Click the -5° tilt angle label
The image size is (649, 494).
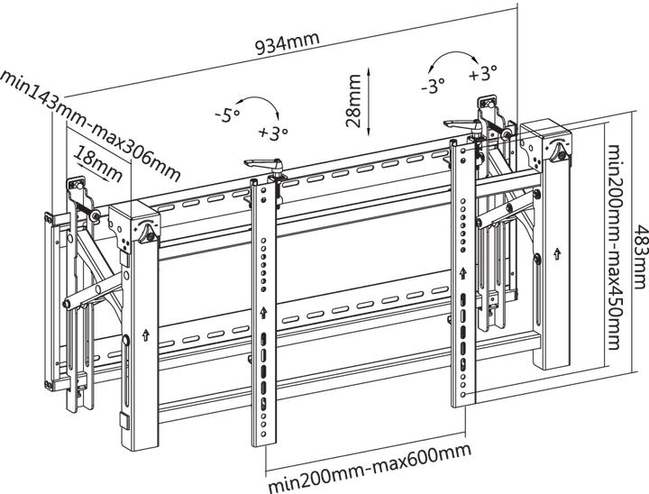pyautogui.click(x=227, y=114)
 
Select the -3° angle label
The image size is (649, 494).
pyautogui.click(x=433, y=87)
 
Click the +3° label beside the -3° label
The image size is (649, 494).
pyautogui.click(x=483, y=72)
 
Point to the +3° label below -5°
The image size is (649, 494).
pyautogui.click(x=271, y=133)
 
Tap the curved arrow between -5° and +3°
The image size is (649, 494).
pyautogui.click(x=259, y=105)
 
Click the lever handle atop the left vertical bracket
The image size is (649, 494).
pyautogui.click(x=265, y=163)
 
